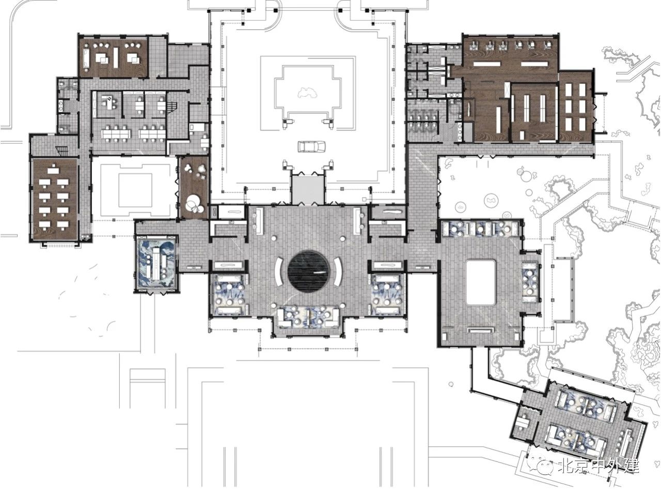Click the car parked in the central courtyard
(x=311, y=146)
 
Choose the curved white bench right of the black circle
(x=338, y=271)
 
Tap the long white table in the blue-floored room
(x=156, y=264)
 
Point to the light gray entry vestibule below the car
(x=307, y=190)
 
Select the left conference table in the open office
(x=116, y=133)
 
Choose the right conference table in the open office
(x=152, y=133)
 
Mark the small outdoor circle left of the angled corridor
(x=451, y=384)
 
